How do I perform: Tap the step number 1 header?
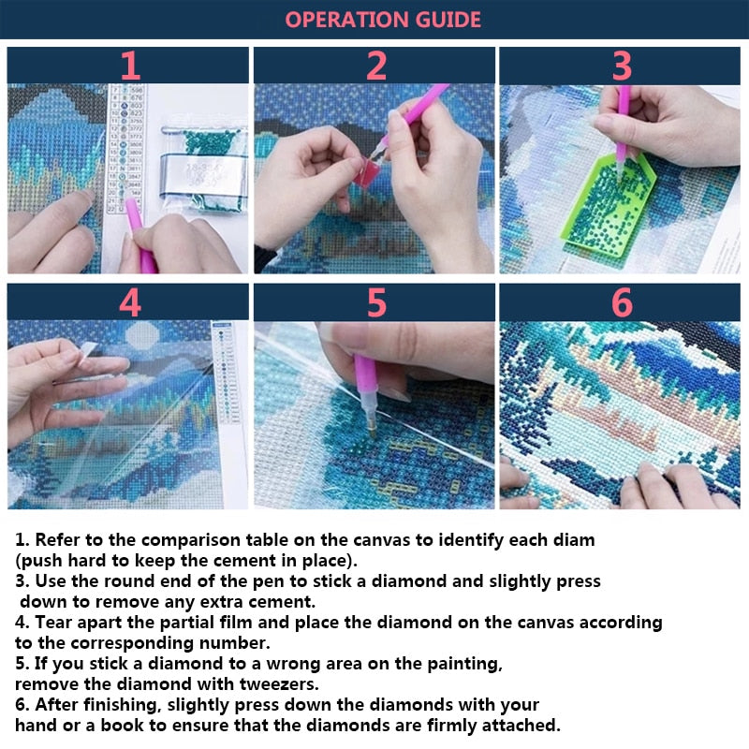[x=129, y=66]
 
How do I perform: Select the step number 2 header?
[x=375, y=66]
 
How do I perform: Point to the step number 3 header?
[x=622, y=66]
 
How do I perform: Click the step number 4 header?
[x=129, y=302]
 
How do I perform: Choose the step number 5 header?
[x=375, y=302]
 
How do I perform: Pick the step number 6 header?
[x=622, y=302]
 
